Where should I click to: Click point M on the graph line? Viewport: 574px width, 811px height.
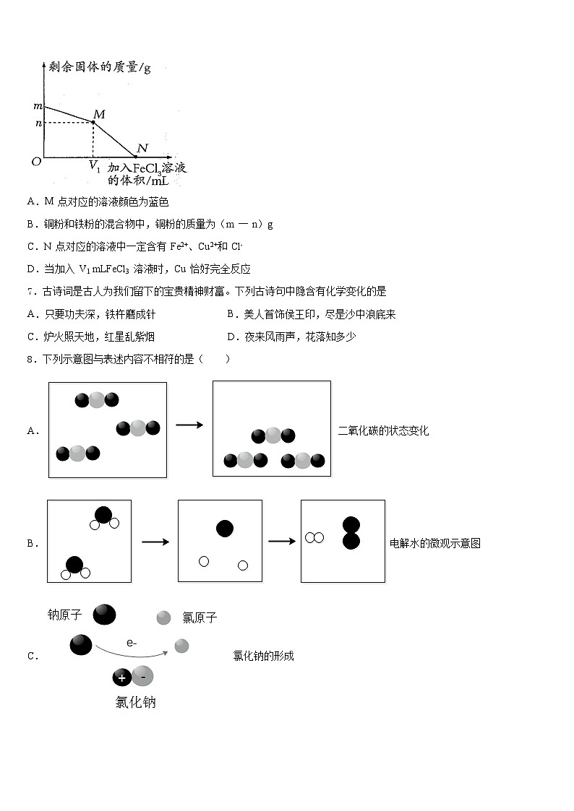(x=93, y=123)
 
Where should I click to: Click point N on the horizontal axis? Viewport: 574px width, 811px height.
(x=136, y=156)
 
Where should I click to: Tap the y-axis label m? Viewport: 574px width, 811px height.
(x=38, y=107)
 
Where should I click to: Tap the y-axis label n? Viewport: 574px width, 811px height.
(x=38, y=123)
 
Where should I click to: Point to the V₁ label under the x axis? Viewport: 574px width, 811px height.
(x=94, y=166)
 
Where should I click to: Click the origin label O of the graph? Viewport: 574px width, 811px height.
(x=35, y=162)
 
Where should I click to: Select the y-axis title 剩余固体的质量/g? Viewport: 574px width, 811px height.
(x=100, y=68)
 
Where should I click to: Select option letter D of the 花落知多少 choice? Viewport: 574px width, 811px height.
(x=231, y=337)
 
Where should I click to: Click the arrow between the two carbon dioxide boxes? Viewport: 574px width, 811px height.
(x=189, y=425)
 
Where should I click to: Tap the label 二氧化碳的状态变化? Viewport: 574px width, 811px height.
(x=383, y=431)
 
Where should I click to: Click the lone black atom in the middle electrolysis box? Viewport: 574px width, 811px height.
(x=225, y=529)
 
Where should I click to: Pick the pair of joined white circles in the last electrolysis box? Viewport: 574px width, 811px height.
(x=314, y=537)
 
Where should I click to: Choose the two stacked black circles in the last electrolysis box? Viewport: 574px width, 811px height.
(x=351, y=533)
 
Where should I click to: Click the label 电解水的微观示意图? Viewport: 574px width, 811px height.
(x=435, y=544)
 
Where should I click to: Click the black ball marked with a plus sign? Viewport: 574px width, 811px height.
(x=121, y=677)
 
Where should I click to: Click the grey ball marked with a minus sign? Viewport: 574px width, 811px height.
(x=142, y=676)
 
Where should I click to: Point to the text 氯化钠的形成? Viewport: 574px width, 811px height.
(x=263, y=656)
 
